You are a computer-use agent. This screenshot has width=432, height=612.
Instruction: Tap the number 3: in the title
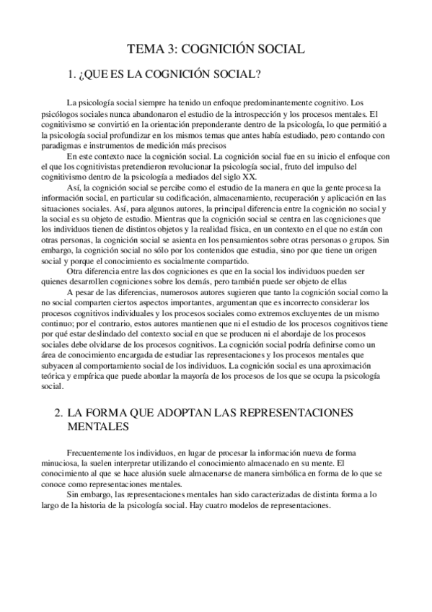(x=172, y=49)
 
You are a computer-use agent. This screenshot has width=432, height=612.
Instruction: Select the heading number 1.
(x=71, y=74)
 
